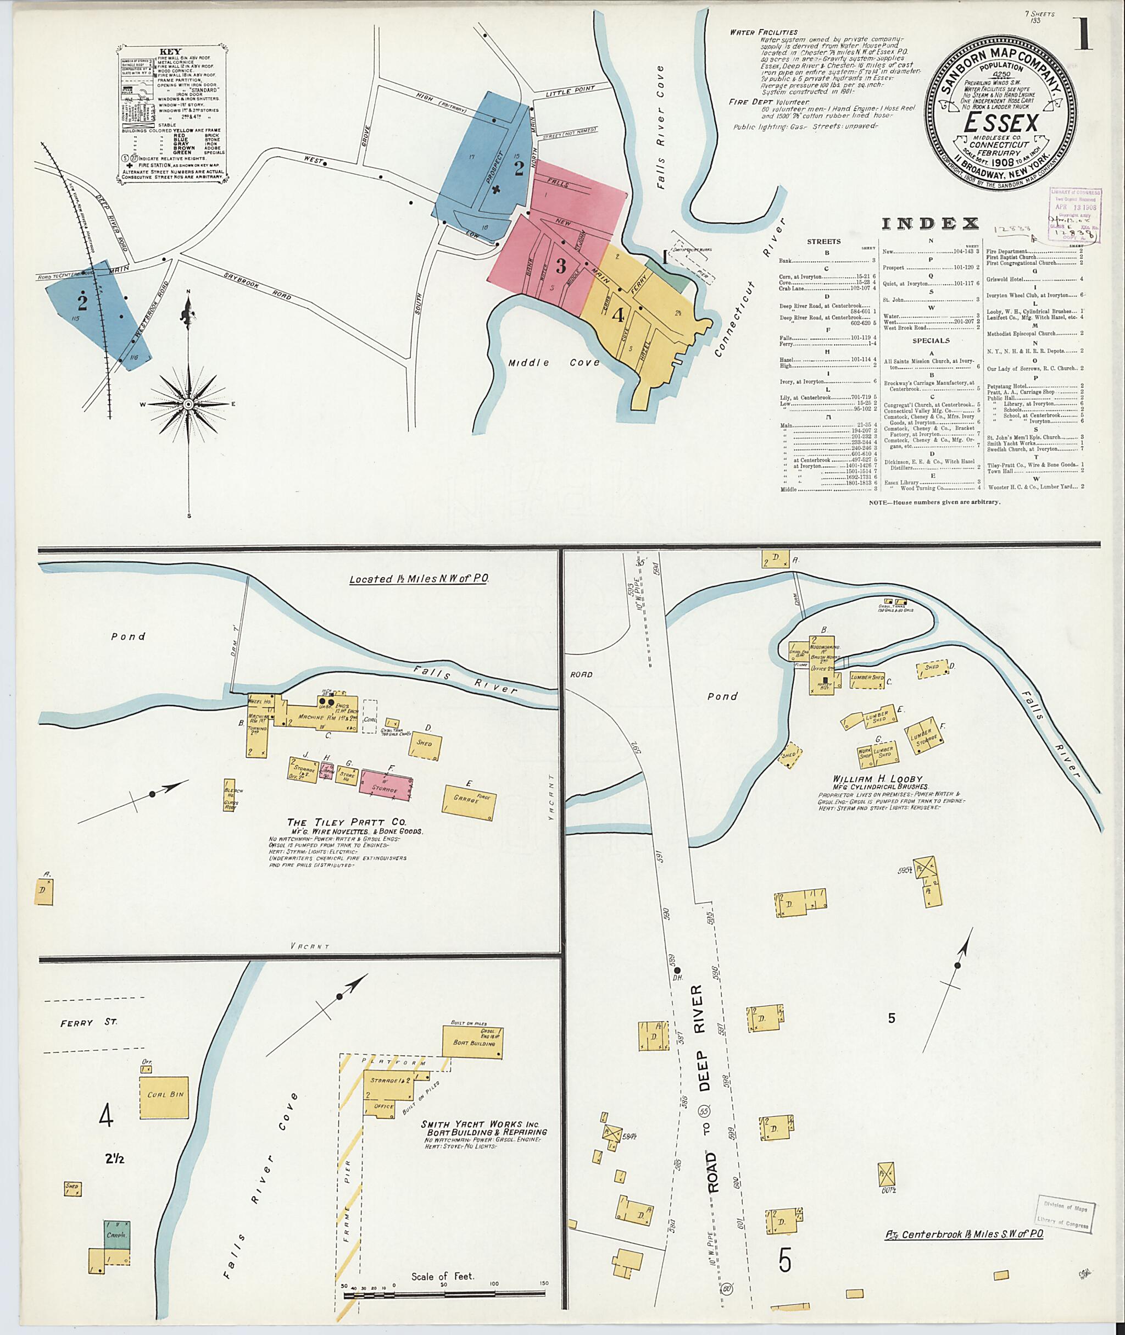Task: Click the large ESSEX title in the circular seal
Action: pyautogui.click(x=1001, y=122)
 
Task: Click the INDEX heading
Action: pyautogui.click(x=930, y=223)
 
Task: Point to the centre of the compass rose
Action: pyautogui.click(x=189, y=404)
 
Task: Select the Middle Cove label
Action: pyautogui.click(x=554, y=362)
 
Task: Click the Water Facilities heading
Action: pyautogui.click(x=764, y=32)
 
